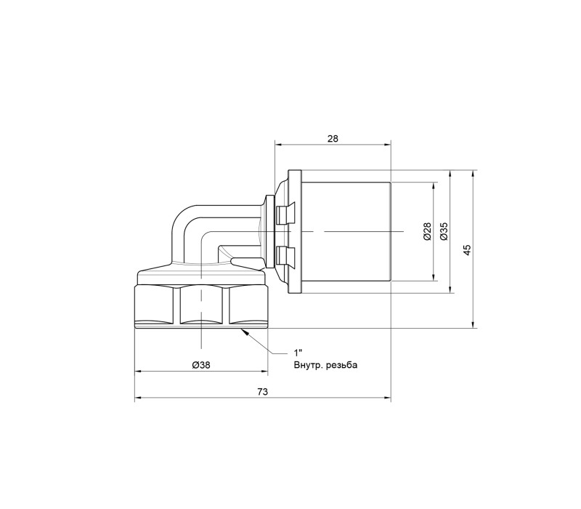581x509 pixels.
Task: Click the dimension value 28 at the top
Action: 333,139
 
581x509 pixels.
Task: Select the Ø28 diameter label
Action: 427,231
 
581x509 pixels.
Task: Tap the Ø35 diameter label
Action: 444,231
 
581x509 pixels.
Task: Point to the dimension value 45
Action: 467,249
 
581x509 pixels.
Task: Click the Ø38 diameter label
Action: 201,365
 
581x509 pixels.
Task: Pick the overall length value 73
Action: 262,392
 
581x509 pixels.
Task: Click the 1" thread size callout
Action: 298,353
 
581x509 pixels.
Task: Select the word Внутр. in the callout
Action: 308,366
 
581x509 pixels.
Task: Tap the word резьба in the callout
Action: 342,366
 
